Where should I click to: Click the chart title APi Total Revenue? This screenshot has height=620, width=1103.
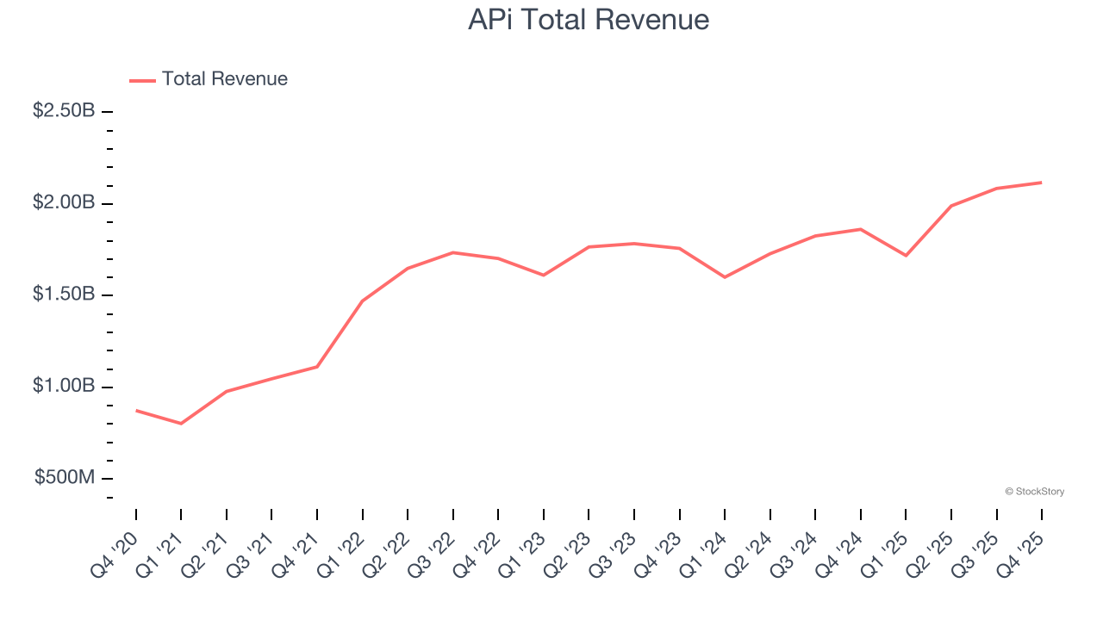click(589, 20)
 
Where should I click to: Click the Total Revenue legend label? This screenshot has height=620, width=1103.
click(224, 79)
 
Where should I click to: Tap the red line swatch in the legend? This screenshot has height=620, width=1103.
click(142, 80)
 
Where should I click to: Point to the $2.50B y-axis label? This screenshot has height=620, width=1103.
click(64, 111)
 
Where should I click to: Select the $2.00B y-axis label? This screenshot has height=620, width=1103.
click(64, 203)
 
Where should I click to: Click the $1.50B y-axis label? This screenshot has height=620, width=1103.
click(64, 294)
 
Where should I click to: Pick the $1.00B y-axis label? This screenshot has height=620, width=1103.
click(64, 387)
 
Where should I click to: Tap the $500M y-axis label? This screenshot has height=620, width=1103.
click(65, 478)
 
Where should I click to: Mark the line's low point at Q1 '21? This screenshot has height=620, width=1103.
click(181, 424)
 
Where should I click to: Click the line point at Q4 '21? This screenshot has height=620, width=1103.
click(317, 367)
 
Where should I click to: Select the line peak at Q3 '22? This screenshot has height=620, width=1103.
click(453, 252)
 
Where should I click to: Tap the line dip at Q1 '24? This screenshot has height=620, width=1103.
click(725, 277)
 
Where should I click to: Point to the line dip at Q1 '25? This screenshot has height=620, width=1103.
click(906, 256)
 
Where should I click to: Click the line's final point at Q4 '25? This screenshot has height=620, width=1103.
click(1041, 183)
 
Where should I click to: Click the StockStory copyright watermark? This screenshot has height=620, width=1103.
click(1034, 492)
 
